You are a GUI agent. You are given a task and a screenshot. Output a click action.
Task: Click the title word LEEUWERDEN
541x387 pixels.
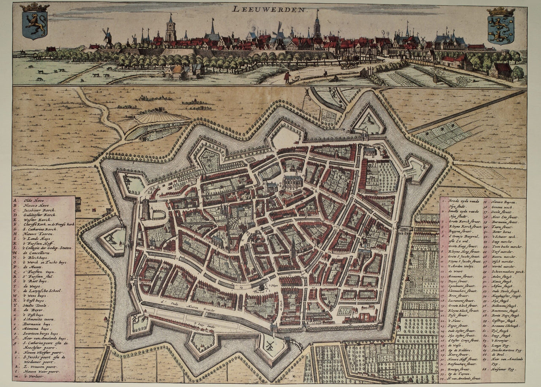[x=268, y=9]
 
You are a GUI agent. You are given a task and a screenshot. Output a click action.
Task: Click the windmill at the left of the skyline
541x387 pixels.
[x=107, y=37]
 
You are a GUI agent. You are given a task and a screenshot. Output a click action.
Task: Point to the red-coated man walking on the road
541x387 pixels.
[x=287, y=77]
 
